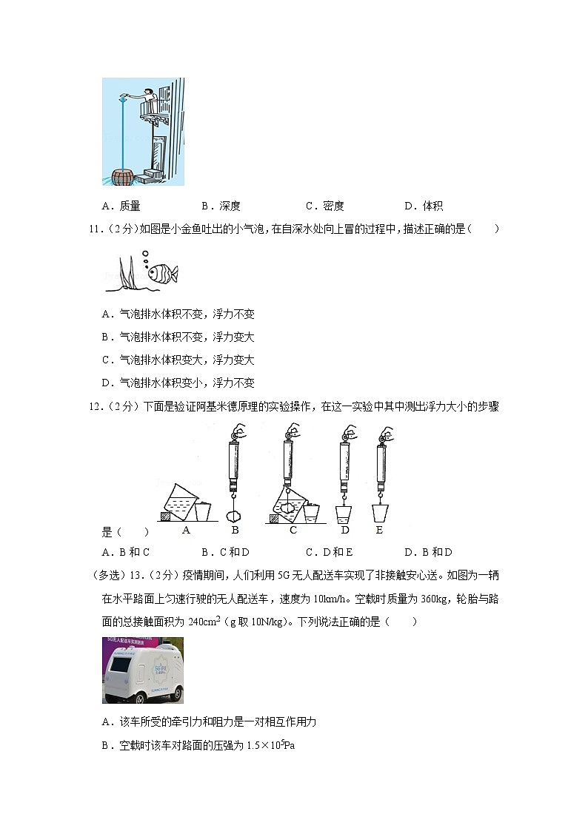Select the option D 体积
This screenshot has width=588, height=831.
tap(424, 206)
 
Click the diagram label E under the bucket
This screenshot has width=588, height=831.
tap(380, 530)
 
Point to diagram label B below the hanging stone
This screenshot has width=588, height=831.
tap(235, 530)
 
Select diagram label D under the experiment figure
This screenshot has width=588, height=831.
tap(344, 530)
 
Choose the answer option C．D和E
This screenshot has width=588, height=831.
tap(329, 552)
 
